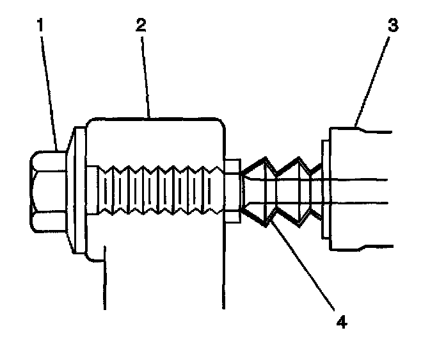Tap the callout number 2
(x=140, y=26)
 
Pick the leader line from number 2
(x=145, y=77)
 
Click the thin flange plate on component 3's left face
(x=325, y=190)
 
